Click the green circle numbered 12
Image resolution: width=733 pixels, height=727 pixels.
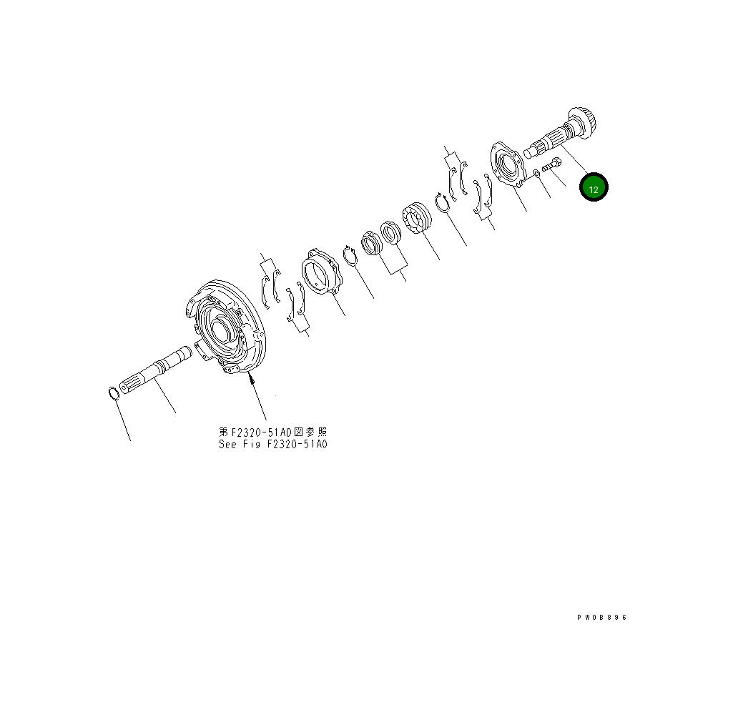tap(594, 187)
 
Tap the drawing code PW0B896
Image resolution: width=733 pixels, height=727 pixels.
tap(601, 617)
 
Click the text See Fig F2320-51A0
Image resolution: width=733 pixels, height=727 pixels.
tap(273, 445)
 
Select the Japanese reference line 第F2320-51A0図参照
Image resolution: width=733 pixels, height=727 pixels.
tap(273, 432)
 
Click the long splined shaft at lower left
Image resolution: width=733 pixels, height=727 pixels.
tap(155, 370)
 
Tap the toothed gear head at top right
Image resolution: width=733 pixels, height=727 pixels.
tap(583, 122)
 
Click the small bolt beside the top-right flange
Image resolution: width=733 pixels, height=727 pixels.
tap(551, 164)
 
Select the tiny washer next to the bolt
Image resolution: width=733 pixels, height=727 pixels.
tap(536, 174)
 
